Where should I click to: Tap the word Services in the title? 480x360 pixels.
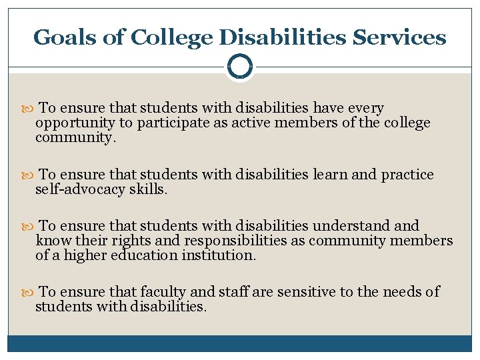[x=400, y=37]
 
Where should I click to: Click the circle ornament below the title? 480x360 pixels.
[x=240, y=66]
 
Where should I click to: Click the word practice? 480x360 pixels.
[x=407, y=175]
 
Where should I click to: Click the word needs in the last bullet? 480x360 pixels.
[x=405, y=292]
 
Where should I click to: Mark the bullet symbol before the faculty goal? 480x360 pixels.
[x=29, y=293]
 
